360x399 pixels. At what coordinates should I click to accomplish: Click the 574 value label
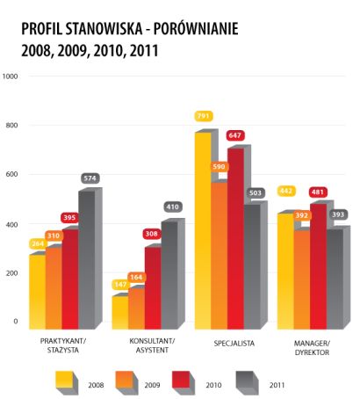pos(90,178)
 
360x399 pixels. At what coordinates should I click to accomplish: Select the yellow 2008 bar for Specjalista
pos(203,231)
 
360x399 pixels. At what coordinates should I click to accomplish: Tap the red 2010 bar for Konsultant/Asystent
pos(153,288)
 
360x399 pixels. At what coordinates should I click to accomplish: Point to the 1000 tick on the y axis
pos(10,76)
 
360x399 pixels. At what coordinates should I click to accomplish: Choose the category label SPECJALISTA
pos(234,344)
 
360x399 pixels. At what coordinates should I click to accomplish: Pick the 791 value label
pos(203,116)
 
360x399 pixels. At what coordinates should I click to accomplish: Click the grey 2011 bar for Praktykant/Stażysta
pos(87,260)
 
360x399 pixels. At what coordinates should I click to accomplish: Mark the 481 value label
pos(318,192)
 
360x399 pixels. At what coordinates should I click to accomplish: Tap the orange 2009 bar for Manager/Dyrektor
pos(302,280)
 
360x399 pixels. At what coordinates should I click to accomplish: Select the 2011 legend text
pos(277,385)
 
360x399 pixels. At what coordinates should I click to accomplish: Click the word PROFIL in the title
pos(41,29)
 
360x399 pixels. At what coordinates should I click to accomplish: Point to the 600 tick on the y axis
pos(11,174)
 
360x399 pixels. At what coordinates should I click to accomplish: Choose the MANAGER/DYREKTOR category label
pos(312,348)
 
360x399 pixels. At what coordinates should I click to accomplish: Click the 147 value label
pos(120,285)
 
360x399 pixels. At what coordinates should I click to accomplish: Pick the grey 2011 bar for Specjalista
pos(252,267)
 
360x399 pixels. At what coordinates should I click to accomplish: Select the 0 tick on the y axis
pos(16,321)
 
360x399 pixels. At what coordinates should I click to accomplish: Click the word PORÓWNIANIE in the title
pos(196,29)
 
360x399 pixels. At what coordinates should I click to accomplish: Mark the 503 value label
pos(256,192)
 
